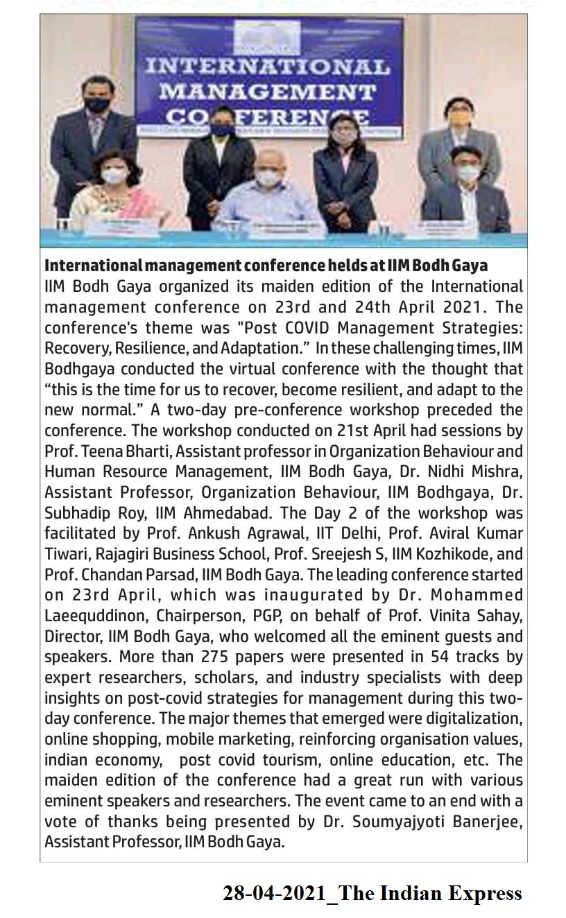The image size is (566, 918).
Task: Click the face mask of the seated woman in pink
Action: click(114, 176)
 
